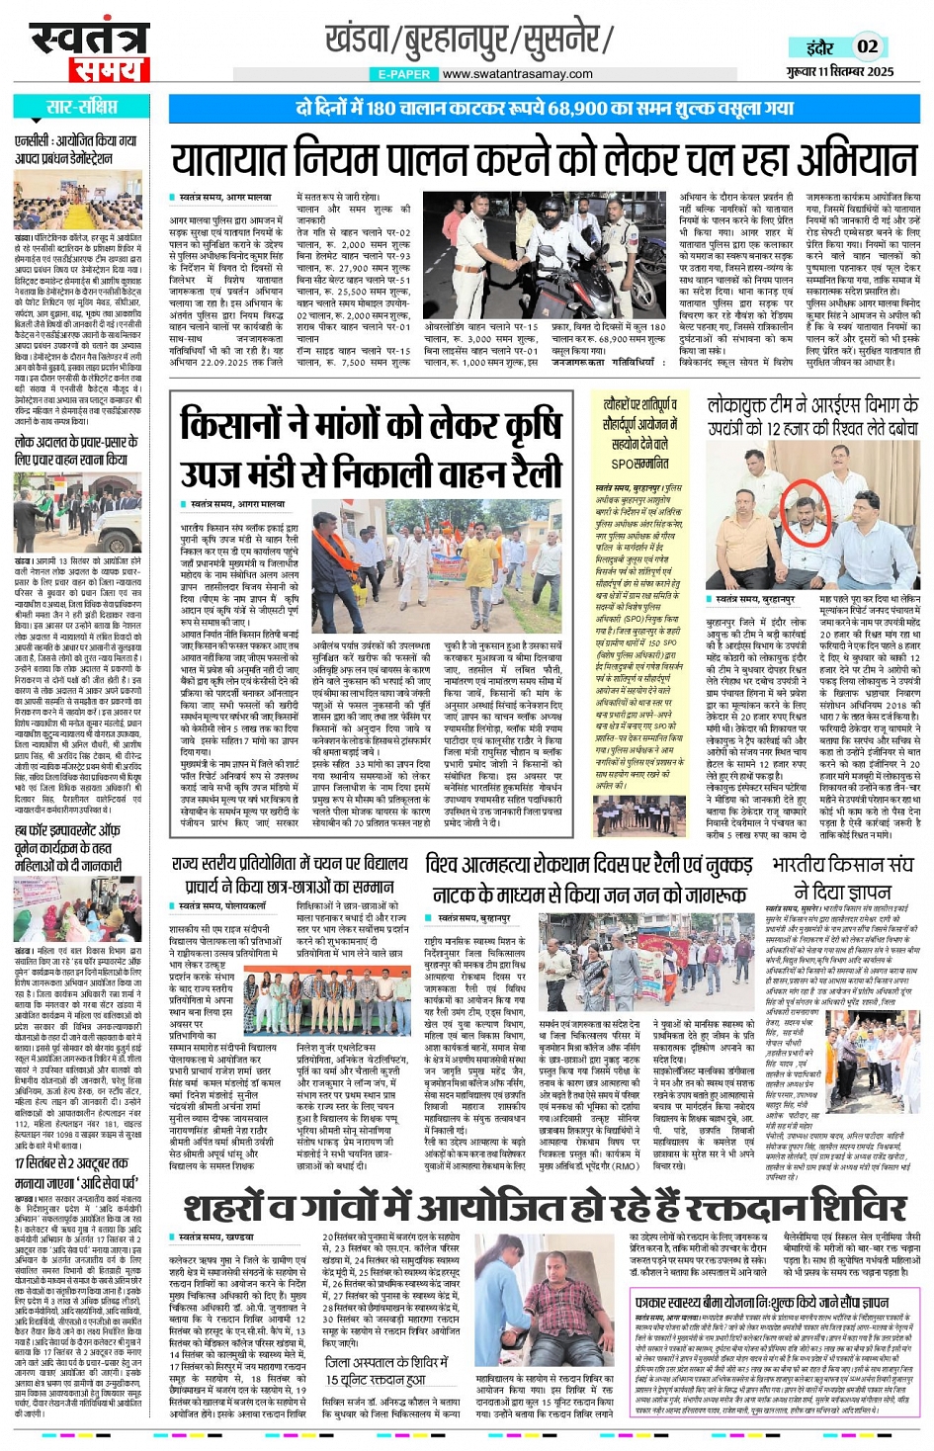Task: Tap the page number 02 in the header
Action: click(x=867, y=45)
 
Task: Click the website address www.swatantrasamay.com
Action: click(x=517, y=74)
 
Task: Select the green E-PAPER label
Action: click(x=403, y=74)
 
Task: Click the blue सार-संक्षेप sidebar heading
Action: click(x=81, y=107)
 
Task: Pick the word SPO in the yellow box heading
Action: click(x=623, y=463)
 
